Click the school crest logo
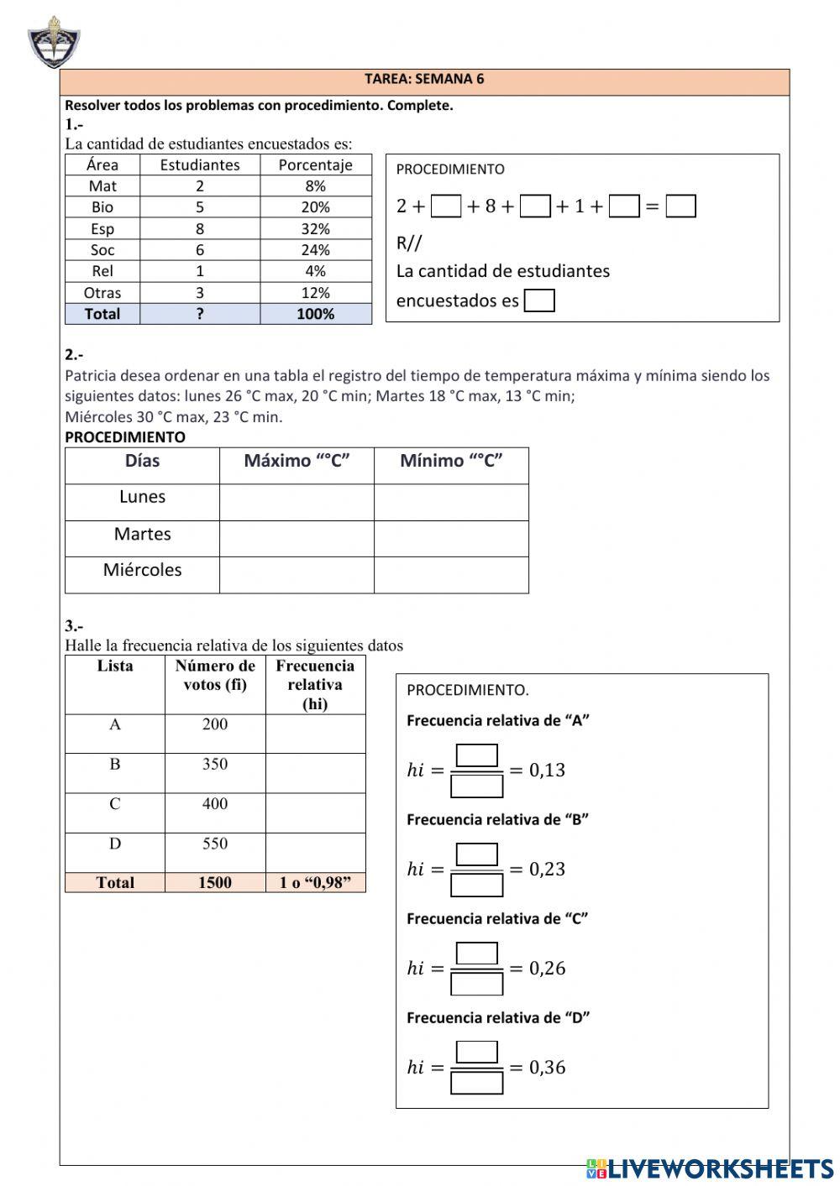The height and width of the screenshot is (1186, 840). pyautogui.click(x=54, y=42)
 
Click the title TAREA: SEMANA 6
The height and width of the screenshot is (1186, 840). pyautogui.click(x=424, y=80)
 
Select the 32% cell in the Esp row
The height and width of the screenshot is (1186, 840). pyautogui.click(x=315, y=228)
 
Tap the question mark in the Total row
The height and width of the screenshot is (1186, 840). pyautogui.click(x=200, y=314)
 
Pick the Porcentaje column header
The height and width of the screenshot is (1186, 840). pyautogui.click(x=315, y=165)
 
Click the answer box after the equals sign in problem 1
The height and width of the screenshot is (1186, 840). pyautogui.click(x=680, y=206)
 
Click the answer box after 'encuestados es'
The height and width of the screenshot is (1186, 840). pyautogui.click(x=539, y=300)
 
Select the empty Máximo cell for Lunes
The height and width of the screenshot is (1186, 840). pyautogui.click(x=297, y=502)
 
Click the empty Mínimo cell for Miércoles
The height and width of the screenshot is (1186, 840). pyautogui.click(x=451, y=575)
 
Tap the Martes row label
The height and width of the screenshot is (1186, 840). pyautogui.click(x=142, y=534)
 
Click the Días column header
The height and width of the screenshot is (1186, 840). pyautogui.click(x=142, y=461)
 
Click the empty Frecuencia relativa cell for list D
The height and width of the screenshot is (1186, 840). pyautogui.click(x=315, y=852)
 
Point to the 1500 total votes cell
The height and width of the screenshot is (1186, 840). pyautogui.click(x=215, y=882)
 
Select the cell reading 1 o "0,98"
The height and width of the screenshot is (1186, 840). pyautogui.click(x=315, y=882)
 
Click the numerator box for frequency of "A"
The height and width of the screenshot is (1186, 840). pyautogui.click(x=476, y=755)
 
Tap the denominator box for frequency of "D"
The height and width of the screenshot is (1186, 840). pyautogui.click(x=476, y=1083)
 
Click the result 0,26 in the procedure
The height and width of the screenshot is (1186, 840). pyautogui.click(x=547, y=969)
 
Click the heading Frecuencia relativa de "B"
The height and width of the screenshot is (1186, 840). pyautogui.click(x=497, y=820)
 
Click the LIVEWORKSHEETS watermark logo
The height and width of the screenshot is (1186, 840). pyautogui.click(x=710, y=1168)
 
